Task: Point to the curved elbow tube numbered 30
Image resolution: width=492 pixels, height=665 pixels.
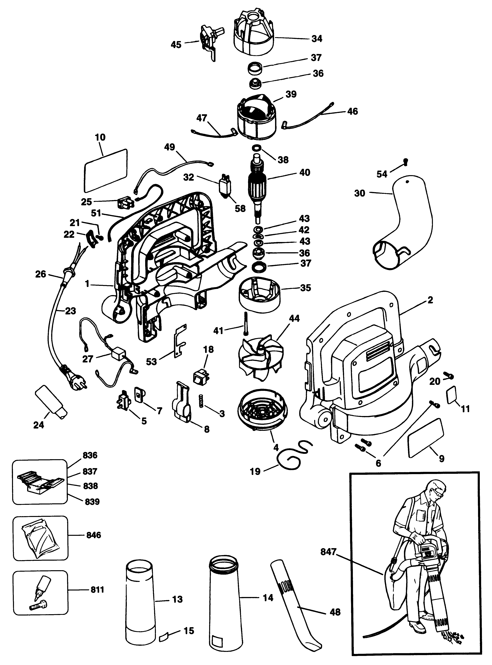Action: coord(402,223)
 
